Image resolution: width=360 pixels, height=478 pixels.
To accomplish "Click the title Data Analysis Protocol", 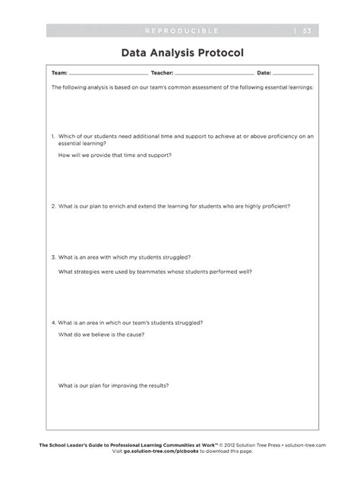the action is pyautogui.click(x=179, y=54).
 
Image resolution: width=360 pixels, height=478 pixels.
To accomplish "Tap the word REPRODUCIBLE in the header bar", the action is pyautogui.click(x=181, y=30).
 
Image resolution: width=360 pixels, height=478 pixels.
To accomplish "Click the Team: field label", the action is pyautogui.click(x=58, y=74).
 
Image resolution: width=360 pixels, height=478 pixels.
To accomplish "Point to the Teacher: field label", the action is pyautogui.click(x=163, y=74).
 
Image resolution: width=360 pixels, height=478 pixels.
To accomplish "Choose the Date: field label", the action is pyautogui.click(x=264, y=74).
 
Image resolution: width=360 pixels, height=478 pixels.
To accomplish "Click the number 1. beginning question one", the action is pyautogui.click(x=53, y=137).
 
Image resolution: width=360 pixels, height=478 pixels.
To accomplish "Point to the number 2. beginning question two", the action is pyautogui.click(x=53, y=206).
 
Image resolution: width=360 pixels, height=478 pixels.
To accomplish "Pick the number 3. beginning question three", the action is pyautogui.click(x=53, y=257).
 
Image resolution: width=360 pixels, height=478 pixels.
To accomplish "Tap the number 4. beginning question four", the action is pyautogui.click(x=53, y=322).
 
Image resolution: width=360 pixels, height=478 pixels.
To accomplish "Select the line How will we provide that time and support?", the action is pyautogui.click(x=115, y=155).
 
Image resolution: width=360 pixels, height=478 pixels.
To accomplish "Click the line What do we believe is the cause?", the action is pyautogui.click(x=101, y=335).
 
